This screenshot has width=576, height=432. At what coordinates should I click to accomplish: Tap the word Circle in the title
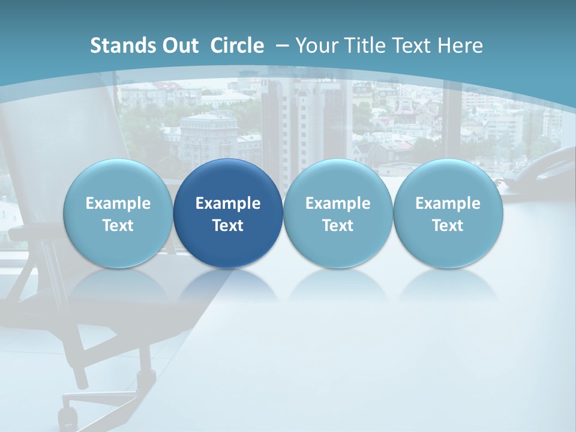237,46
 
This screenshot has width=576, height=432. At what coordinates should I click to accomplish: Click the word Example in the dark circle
228,203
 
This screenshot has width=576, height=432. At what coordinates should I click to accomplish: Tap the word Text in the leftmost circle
118,226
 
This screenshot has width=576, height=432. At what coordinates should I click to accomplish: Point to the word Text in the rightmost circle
448,226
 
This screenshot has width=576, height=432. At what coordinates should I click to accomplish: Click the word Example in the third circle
338,203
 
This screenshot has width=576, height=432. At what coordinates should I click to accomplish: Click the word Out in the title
178,46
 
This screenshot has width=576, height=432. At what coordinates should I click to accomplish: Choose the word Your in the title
316,46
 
